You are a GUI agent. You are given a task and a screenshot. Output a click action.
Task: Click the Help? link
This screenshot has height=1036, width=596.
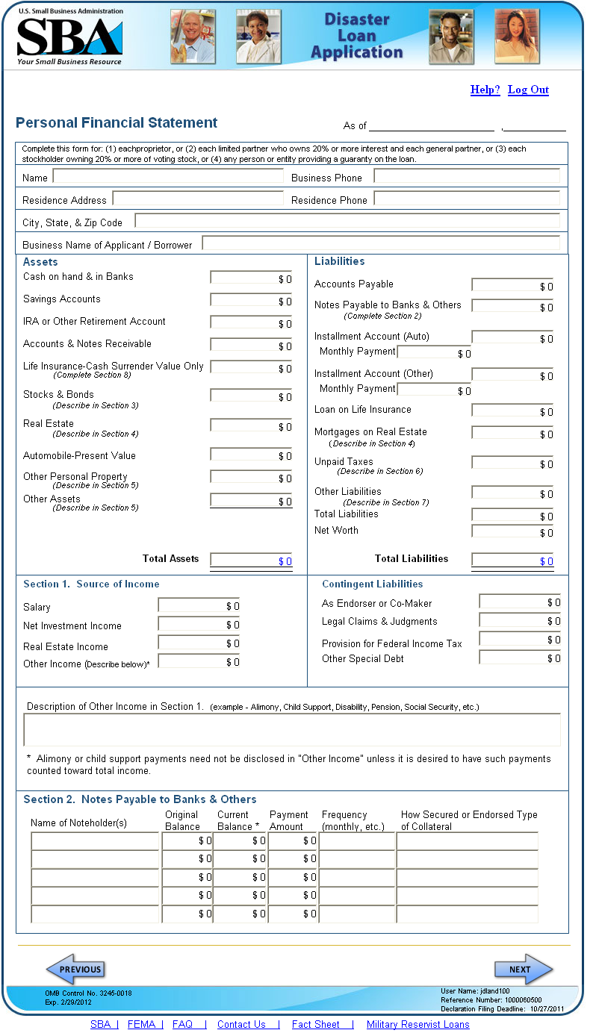point(485,90)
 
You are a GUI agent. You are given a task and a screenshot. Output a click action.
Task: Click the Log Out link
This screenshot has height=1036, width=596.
point(528,90)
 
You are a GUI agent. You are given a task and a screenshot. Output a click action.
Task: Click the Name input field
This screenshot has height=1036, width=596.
point(168,177)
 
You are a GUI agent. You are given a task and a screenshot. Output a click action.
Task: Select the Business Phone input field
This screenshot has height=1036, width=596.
point(467,176)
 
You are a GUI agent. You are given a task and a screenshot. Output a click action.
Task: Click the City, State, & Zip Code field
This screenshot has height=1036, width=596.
point(347,221)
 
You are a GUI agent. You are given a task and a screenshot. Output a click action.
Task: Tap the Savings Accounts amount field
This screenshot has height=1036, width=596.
point(252,300)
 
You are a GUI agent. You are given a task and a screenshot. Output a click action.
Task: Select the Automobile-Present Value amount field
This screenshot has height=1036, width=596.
point(252,455)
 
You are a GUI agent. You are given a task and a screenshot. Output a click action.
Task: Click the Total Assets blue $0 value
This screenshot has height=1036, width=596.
point(285,561)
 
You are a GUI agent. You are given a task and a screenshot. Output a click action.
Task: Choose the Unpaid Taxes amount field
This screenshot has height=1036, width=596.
point(513,463)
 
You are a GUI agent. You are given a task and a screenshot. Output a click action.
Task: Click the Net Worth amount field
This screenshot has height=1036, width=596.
point(513,531)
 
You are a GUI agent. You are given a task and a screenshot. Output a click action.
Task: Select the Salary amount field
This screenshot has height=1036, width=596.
point(199,605)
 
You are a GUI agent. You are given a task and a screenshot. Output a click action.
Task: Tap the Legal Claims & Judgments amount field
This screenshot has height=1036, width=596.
point(521,620)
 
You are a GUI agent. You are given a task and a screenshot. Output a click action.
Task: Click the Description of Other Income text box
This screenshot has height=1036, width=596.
point(292,729)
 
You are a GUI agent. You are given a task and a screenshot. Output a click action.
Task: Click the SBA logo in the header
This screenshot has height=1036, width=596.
point(69,38)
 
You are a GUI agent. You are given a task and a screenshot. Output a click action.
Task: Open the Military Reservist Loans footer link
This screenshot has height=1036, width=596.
point(417,1024)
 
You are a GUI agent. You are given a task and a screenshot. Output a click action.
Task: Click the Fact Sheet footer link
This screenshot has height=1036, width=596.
point(315,1024)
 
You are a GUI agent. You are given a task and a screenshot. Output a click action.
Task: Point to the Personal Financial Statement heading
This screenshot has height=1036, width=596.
point(117,123)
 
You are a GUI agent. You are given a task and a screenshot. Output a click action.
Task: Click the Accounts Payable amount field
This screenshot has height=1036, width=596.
point(513,285)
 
